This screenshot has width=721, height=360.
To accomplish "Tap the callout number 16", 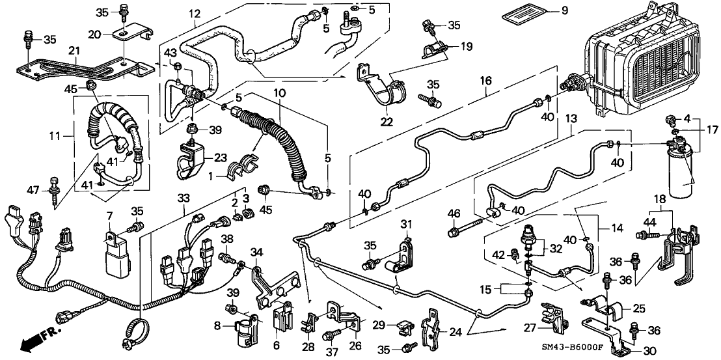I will click(x=485, y=80).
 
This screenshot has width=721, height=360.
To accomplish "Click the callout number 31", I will click(x=407, y=225).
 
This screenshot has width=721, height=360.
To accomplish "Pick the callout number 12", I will click(x=196, y=13).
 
